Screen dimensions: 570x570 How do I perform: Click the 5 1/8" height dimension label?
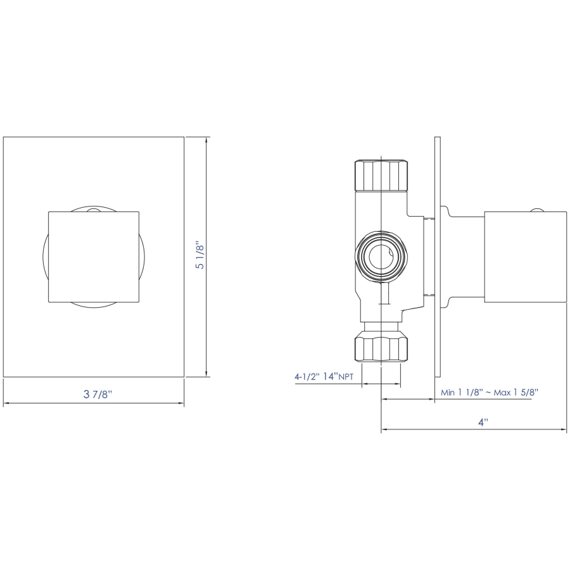(200, 255)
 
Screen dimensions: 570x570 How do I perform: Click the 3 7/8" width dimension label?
(98, 394)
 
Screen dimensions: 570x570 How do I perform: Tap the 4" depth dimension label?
(483, 422)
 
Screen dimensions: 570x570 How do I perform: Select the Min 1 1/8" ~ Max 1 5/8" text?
(490, 392)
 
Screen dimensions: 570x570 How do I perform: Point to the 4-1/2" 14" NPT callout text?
(324, 376)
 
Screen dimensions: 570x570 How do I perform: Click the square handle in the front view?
(94, 256)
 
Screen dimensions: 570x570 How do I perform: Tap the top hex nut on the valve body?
(381, 175)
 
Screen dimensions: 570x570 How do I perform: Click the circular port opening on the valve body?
(381, 256)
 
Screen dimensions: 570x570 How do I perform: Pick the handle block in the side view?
(525, 256)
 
